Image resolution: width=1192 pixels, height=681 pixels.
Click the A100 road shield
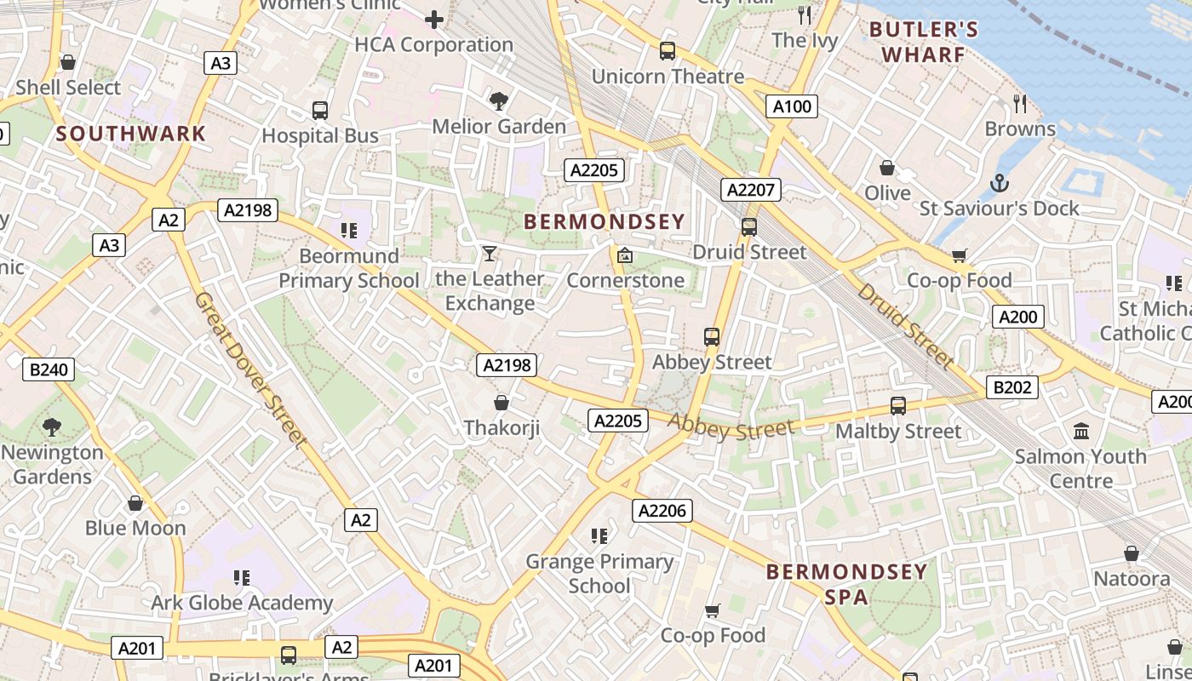793,106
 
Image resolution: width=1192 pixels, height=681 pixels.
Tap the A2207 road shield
750,190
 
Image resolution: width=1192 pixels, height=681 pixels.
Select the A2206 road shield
662,511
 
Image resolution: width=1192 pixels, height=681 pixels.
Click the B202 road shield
1012,387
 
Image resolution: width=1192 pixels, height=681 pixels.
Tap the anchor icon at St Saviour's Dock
1000,183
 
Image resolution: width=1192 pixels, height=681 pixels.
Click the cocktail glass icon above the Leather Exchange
490,253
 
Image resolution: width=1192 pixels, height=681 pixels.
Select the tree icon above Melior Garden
499,101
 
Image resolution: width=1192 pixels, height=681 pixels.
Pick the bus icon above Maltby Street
898,406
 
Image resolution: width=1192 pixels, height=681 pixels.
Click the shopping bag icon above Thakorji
501,402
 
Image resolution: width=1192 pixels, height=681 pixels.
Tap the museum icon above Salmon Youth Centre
1081,431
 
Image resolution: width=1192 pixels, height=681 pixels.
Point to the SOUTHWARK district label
131,134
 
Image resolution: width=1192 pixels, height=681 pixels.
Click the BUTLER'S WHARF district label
924,43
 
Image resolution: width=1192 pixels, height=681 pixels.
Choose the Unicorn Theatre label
668,77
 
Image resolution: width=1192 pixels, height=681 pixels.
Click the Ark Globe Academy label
242,603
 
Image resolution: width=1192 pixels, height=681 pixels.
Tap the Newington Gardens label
52,464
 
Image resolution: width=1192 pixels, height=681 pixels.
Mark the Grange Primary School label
599,573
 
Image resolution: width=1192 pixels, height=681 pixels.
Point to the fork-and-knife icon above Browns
1020,104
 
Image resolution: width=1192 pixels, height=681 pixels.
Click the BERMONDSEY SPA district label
846,584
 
